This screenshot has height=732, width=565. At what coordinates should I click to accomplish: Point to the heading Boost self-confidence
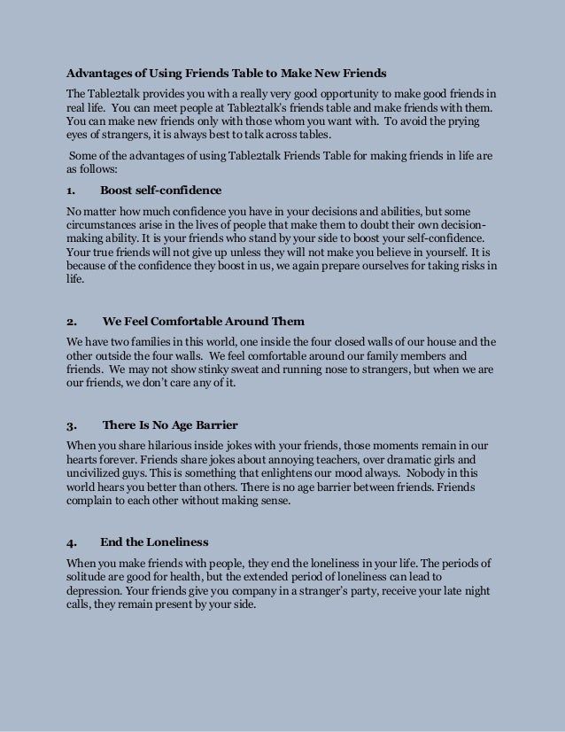click(x=160, y=190)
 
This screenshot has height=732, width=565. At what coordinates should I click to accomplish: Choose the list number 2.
click(x=71, y=321)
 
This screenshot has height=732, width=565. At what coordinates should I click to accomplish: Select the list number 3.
click(x=71, y=424)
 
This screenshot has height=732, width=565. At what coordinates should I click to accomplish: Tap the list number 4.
click(x=71, y=541)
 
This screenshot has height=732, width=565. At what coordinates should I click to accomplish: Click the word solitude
click(x=91, y=577)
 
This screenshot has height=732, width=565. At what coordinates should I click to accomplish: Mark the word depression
click(x=97, y=590)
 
